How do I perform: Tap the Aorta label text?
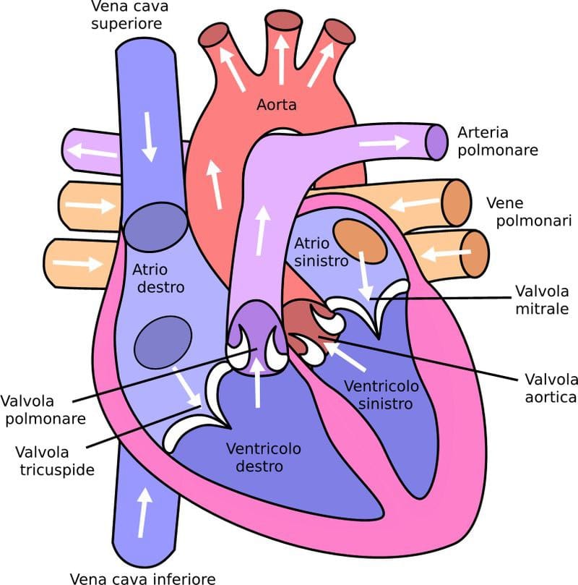tap(277, 105)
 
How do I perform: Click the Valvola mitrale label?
tap(542, 300)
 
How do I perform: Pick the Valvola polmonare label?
tap(43, 409)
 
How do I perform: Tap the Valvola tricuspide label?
tap(55, 461)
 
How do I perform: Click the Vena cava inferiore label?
tap(142, 578)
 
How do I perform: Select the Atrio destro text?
tap(158, 278)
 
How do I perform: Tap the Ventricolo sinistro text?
tap(379, 395)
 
